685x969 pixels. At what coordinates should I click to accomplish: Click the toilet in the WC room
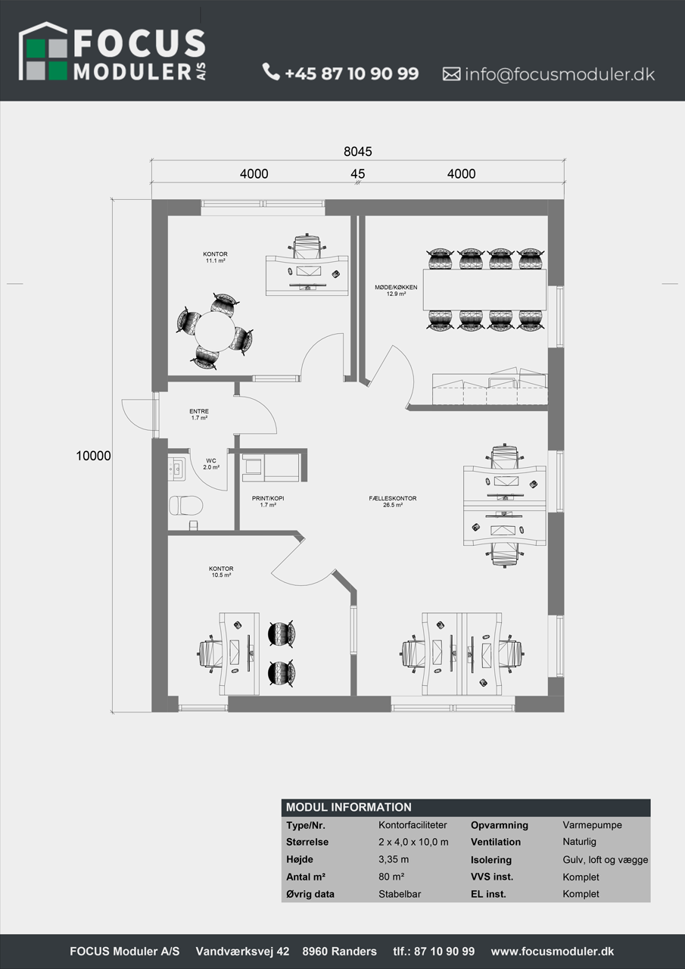tap(185, 505)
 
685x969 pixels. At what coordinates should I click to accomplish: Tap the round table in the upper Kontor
tap(214, 332)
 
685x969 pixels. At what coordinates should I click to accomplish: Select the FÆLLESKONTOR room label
tap(393, 501)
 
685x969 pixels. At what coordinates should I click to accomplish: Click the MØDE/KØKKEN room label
tap(396, 290)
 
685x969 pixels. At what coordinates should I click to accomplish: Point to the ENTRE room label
tap(199, 414)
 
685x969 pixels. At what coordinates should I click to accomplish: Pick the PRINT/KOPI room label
tap(268, 501)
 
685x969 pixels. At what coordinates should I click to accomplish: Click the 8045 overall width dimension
tap(357, 151)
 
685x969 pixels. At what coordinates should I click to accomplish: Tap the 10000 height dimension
tap(93, 456)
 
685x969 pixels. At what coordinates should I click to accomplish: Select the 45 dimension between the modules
tap(357, 174)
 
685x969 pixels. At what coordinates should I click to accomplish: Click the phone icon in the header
tap(271, 72)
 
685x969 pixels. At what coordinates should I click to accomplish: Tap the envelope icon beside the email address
tap(451, 74)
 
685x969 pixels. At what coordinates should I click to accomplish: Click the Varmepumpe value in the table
tap(592, 825)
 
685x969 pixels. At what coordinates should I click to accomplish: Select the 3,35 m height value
tap(394, 859)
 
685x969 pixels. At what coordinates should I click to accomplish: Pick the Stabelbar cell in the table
tap(400, 894)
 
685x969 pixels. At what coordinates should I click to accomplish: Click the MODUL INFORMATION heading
tap(348, 807)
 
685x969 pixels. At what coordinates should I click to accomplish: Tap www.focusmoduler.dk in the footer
tap(553, 952)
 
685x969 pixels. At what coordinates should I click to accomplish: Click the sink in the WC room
tap(176, 469)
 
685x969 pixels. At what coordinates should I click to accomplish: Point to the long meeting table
tap(484, 290)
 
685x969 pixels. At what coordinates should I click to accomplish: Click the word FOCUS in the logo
tap(139, 43)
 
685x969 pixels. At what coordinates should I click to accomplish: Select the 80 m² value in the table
tap(391, 877)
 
